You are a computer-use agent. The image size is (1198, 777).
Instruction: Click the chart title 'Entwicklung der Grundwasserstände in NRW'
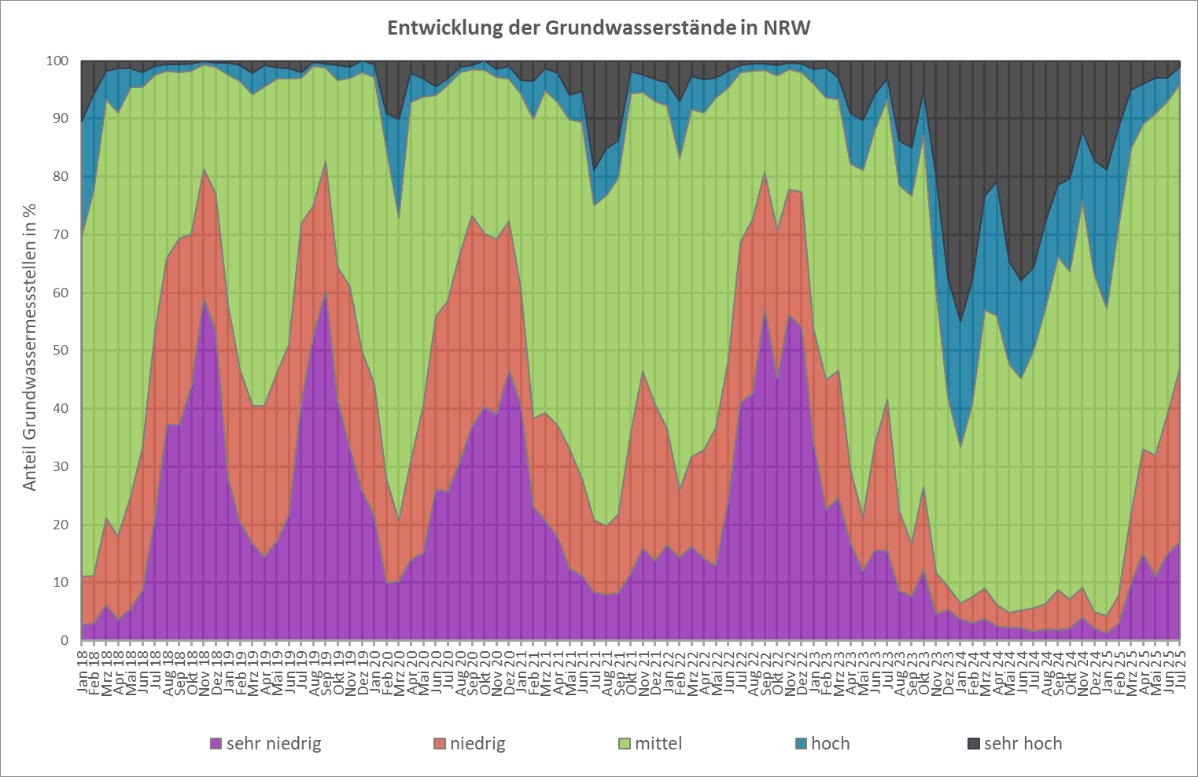[x=599, y=28]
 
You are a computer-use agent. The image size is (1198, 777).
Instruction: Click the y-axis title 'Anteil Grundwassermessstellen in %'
[x=30, y=347]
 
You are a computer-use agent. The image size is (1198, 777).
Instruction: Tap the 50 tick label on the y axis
[x=61, y=351]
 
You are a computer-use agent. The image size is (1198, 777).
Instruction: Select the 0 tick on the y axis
[x=65, y=641]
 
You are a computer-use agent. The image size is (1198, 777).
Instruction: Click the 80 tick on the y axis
[x=61, y=177]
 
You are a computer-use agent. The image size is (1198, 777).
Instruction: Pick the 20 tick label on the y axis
[x=61, y=525]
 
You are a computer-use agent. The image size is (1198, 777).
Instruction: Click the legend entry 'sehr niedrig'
[x=274, y=743]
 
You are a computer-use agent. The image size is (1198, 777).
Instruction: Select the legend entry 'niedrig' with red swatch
[x=477, y=743]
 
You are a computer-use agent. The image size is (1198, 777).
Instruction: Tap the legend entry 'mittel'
[x=658, y=743]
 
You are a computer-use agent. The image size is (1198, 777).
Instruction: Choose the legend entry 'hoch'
[x=830, y=743]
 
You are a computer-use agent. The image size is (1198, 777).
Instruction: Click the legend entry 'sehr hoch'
[x=1023, y=743]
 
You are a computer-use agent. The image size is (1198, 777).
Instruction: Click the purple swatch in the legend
[x=216, y=743]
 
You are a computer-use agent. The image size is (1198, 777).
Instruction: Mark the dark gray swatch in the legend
[x=973, y=743]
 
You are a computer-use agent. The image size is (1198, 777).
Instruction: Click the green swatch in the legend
[x=625, y=743]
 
